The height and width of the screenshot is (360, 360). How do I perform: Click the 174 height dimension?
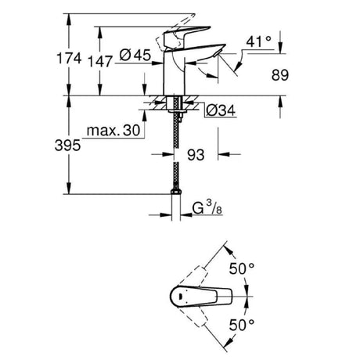69,58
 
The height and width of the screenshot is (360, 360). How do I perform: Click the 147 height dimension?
100,62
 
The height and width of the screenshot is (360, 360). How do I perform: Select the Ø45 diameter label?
135,55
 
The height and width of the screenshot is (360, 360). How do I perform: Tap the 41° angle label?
258,41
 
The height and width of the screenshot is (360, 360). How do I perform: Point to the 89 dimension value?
280,75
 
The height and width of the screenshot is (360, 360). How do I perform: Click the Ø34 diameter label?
221,110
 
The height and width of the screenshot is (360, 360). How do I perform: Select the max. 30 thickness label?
113,131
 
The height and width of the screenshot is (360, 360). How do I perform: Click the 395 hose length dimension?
68,146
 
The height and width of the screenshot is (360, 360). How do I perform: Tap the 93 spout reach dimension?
196,155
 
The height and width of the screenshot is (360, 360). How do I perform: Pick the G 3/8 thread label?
207,208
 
